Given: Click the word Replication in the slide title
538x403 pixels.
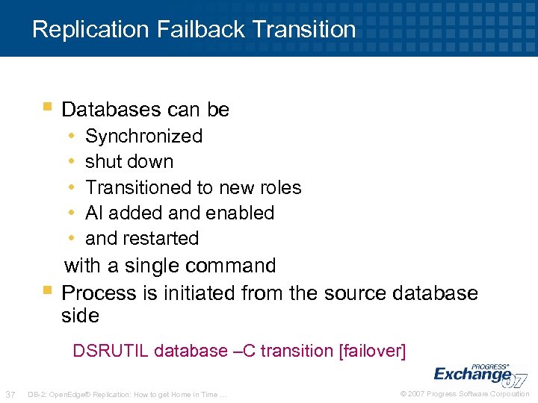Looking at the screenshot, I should point(91,29).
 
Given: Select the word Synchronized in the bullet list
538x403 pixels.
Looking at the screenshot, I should point(143,136).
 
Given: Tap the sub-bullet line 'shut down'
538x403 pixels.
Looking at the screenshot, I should point(129,161).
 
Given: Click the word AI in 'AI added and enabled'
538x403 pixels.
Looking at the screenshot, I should point(93,213).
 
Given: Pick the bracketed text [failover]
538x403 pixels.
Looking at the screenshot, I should point(372,351).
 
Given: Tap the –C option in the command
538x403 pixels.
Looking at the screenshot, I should point(243,351).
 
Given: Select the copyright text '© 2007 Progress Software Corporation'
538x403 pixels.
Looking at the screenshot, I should point(465,394).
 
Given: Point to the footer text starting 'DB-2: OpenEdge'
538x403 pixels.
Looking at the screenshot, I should point(127,394).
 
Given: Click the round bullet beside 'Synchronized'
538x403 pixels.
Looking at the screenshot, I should point(70,136).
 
